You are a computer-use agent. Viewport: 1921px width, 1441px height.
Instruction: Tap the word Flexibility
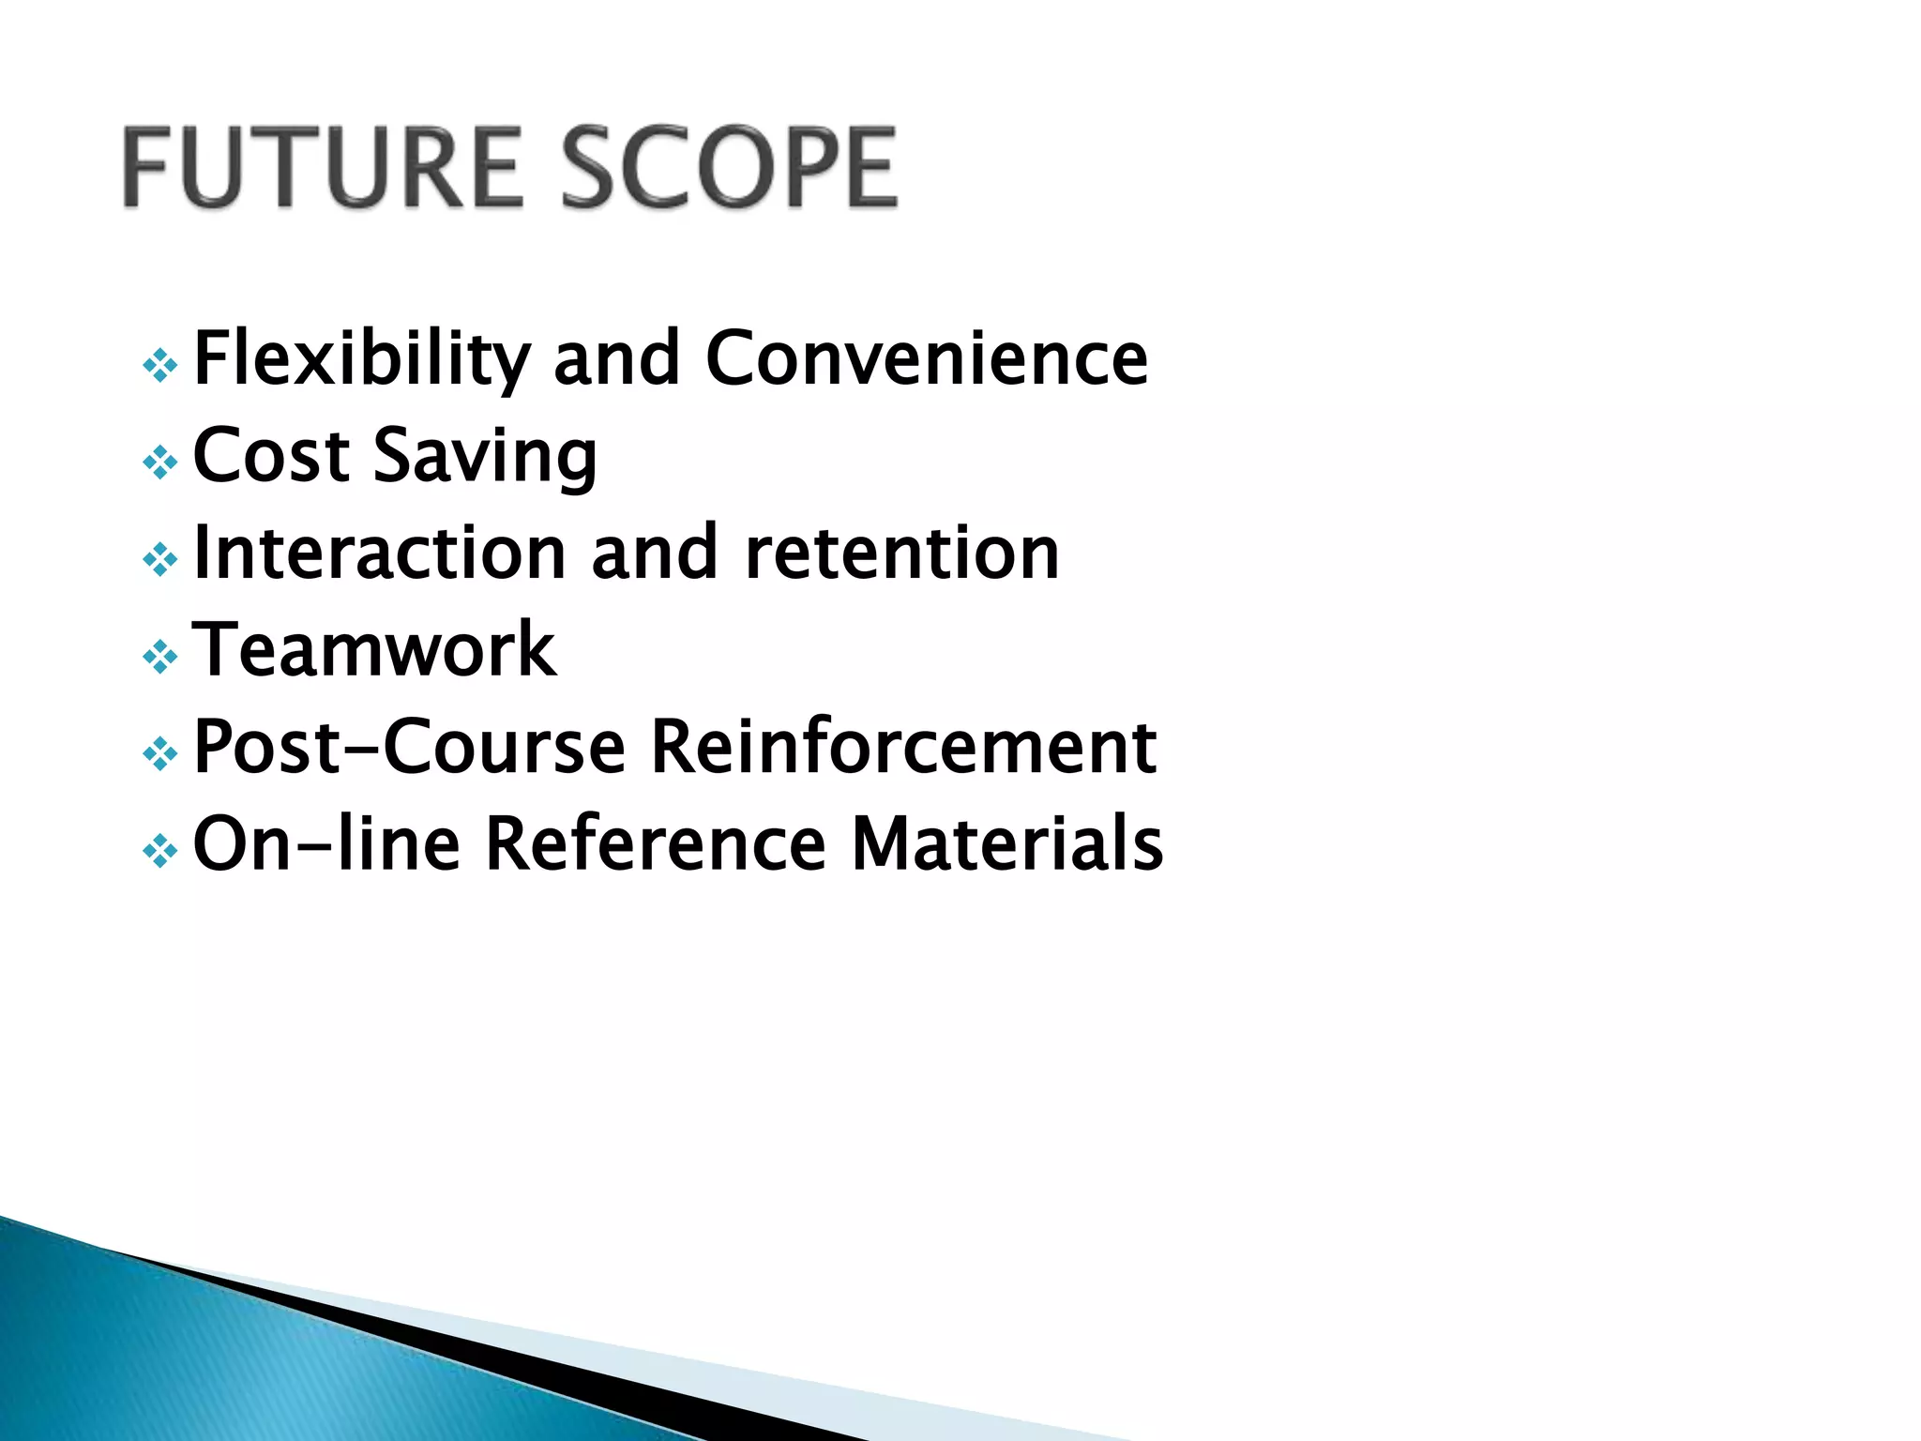(x=362, y=360)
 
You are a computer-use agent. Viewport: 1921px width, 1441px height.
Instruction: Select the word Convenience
(x=927, y=358)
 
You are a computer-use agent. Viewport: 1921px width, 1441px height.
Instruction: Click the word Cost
(x=271, y=456)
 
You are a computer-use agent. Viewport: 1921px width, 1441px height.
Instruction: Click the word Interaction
(x=379, y=554)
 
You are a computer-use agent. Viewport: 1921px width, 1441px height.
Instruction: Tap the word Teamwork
(x=374, y=650)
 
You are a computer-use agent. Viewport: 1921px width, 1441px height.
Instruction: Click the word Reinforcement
(x=904, y=748)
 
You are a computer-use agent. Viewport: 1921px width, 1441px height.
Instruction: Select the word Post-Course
(x=409, y=748)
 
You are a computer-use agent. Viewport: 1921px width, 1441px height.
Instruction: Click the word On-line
(x=326, y=844)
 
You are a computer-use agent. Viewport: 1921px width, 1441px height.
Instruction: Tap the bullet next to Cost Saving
(x=160, y=463)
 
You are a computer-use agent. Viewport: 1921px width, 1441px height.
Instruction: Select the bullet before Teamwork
(x=160, y=657)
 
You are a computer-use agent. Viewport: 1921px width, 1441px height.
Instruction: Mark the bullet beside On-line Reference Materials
(x=160, y=851)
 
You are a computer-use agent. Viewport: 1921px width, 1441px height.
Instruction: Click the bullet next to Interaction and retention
(x=160, y=560)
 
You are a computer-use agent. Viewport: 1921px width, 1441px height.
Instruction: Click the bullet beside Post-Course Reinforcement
(x=160, y=753)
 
